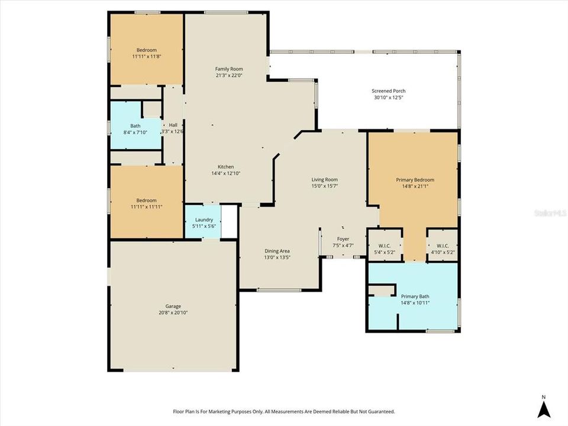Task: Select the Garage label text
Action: tap(173, 306)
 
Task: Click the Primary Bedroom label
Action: tap(415, 180)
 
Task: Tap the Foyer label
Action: tap(343, 239)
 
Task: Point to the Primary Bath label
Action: tap(415, 296)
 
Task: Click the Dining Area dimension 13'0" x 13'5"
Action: tap(277, 257)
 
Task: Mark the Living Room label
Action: tap(325, 179)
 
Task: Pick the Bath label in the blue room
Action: tap(135, 125)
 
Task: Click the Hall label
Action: tap(173, 125)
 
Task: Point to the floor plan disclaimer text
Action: tap(283, 411)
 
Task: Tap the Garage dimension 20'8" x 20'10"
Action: tap(173, 312)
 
